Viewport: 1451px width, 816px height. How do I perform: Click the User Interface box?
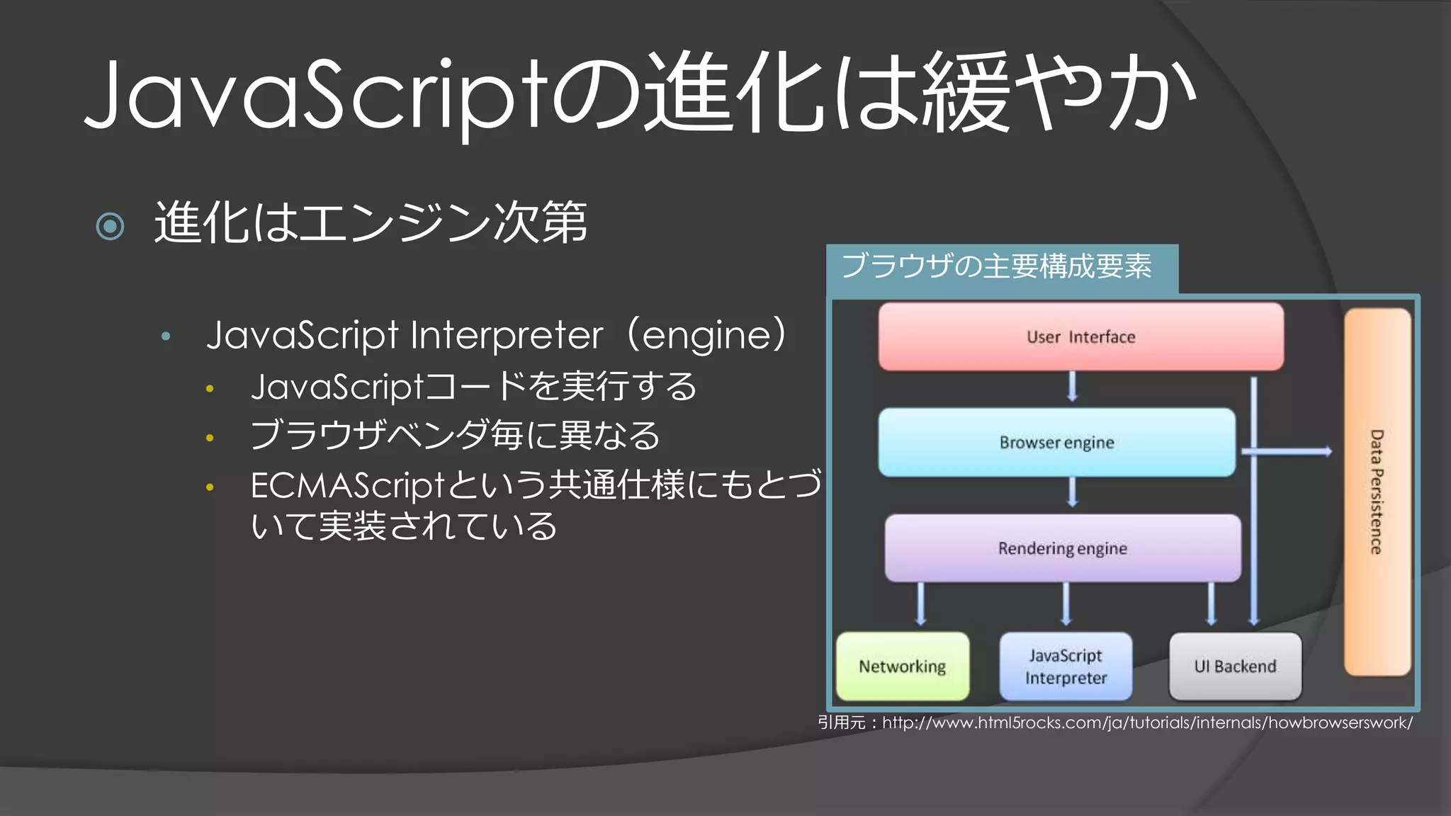[1080, 337]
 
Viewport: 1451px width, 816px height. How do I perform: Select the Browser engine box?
[1056, 443]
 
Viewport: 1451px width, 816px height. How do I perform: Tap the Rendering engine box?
[1062, 548]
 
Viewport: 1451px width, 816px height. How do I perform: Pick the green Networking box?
[902, 667]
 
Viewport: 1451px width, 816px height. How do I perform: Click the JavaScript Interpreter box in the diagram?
[1066, 667]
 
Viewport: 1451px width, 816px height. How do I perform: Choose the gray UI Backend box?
[1235, 667]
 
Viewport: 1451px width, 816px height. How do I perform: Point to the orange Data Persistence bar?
[1377, 492]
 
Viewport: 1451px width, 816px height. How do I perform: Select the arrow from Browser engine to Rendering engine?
[1072, 492]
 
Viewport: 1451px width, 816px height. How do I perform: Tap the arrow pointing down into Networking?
[920, 604]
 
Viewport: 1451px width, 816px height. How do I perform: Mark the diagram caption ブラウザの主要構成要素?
[996, 267]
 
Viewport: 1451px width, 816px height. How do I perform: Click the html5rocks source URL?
[1146, 723]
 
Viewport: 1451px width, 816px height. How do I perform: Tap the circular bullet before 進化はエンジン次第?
[110, 227]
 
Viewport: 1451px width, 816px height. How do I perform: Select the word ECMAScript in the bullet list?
[346, 487]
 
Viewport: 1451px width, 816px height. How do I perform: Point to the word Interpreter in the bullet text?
[507, 336]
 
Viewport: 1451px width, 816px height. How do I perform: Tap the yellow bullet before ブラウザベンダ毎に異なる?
[210, 438]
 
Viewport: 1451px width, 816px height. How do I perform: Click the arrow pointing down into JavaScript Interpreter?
[1066, 604]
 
